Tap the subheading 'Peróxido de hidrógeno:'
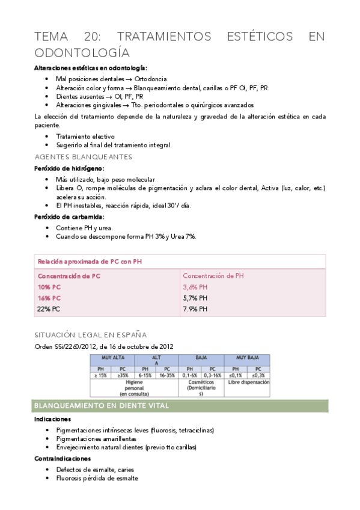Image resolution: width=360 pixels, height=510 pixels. (69, 168)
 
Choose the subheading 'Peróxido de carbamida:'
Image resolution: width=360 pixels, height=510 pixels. (69, 217)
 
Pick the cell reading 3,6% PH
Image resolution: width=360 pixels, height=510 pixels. (195, 287)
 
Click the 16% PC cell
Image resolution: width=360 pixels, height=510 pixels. (49, 298)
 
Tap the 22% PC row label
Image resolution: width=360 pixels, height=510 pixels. (49, 309)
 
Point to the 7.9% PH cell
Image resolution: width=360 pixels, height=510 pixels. (195, 309)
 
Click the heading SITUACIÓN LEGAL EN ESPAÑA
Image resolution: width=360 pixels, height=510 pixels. (90, 334)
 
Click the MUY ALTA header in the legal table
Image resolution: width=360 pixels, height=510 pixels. (113, 357)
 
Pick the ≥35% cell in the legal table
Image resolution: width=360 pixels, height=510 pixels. (124, 374)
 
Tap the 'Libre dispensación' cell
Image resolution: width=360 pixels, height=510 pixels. (246, 382)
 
